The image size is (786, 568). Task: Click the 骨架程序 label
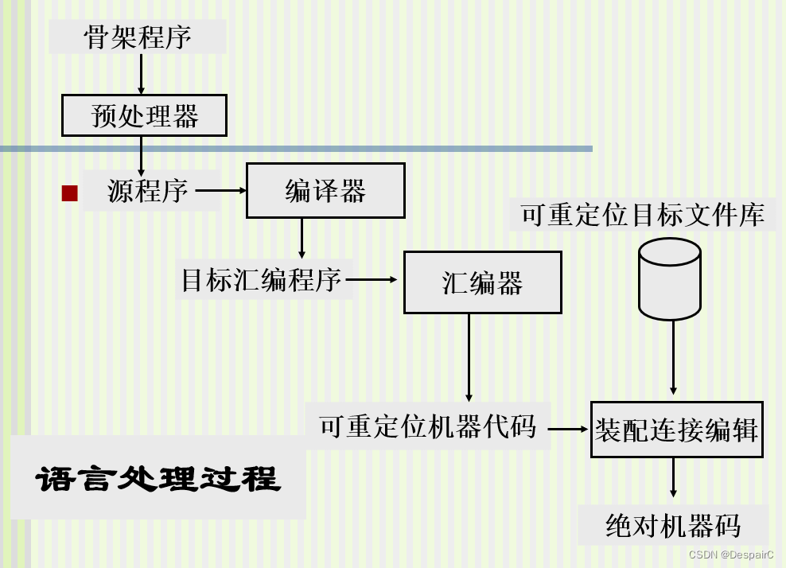click(x=138, y=37)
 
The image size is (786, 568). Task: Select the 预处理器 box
click(x=144, y=116)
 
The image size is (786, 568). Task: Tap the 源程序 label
click(x=148, y=191)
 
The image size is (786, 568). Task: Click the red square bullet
click(x=70, y=193)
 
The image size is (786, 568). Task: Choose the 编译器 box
click(x=325, y=191)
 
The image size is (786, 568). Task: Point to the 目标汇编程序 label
click(x=262, y=280)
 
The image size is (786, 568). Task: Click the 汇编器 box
click(x=482, y=282)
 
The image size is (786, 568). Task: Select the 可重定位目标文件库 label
click(x=643, y=215)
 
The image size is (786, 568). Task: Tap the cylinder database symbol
click(x=670, y=279)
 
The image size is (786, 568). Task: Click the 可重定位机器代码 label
click(x=428, y=427)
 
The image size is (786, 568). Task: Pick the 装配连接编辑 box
click(x=676, y=430)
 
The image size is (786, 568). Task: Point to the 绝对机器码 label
click(x=673, y=526)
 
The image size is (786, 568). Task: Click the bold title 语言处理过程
click(x=158, y=478)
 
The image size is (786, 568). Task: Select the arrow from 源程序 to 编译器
click(x=220, y=191)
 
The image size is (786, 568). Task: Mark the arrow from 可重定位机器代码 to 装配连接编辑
click(x=566, y=429)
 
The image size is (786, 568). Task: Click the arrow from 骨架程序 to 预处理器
click(x=141, y=75)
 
